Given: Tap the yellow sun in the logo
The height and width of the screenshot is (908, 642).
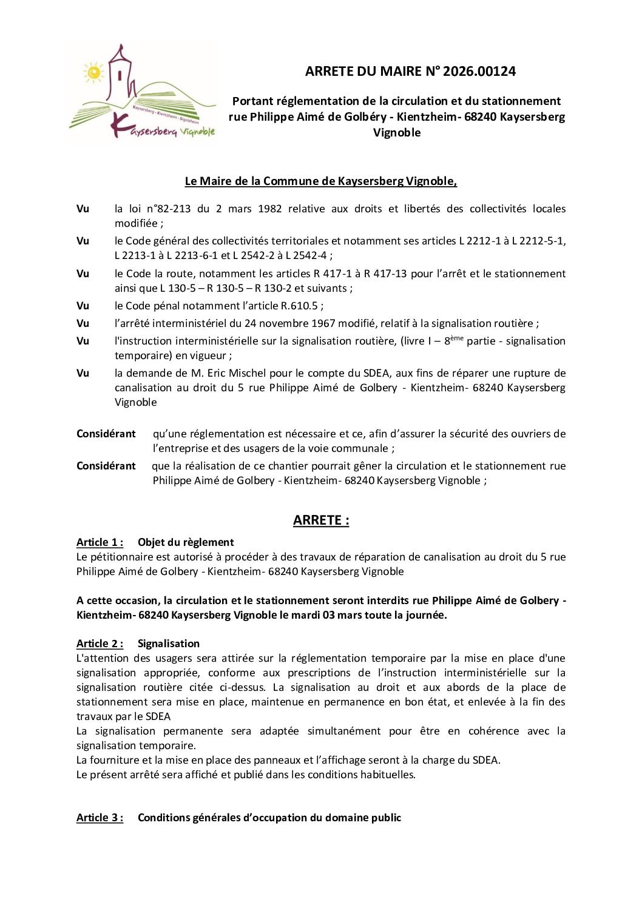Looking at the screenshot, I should click(93, 73).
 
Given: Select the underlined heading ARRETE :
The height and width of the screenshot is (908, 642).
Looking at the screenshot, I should click(321, 520).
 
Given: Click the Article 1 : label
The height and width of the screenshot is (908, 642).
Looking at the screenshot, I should click(100, 542).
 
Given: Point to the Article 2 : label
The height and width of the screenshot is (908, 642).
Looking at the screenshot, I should click(100, 644).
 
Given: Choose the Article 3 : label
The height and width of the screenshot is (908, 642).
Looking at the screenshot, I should click(100, 818).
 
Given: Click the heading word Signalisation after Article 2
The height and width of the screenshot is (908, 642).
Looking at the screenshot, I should click(168, 644).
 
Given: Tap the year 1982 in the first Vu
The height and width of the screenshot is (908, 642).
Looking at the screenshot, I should click(269, 209).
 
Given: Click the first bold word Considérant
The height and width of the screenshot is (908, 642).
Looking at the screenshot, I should click(106, 434).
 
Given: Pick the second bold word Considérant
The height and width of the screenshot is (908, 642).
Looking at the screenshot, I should click(106, 466).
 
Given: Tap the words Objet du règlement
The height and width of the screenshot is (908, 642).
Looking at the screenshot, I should click(186, 542).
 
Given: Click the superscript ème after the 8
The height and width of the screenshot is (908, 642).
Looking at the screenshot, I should click(457, 338).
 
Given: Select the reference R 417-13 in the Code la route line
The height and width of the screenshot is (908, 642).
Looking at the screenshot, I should click(384, 274).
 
